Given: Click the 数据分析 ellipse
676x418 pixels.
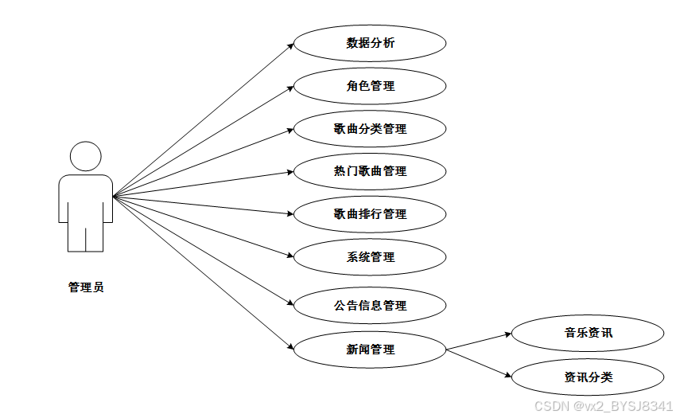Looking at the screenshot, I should click(370, 43).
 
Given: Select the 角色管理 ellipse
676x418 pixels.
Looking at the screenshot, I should click(370, 86).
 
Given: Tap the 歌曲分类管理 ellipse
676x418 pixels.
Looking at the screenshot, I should click(370, 129).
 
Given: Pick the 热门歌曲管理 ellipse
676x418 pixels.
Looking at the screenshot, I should click(370, 171).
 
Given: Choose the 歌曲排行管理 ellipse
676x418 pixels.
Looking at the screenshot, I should click(370, 214).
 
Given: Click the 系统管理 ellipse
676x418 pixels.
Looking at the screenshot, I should click(370, 257).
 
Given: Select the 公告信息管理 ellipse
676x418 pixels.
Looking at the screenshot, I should click(370, 306).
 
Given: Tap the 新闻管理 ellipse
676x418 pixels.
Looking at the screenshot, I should click(370, 350).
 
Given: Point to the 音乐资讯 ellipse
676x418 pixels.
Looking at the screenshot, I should click(588, 333).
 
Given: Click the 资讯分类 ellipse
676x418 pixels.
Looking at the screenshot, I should click(588, 377).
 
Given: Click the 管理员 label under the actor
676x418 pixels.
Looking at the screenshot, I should click(86, 287).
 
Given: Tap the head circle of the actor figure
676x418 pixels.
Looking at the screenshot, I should click(86, 156).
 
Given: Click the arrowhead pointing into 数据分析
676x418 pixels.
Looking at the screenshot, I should click(291, 45).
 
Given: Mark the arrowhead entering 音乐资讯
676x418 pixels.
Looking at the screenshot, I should click(507, 335).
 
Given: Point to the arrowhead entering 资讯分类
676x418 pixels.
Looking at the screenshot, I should click(507, 375).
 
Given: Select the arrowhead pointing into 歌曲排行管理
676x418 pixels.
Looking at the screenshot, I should click(290, 213).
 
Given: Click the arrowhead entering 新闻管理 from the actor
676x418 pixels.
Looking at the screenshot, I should click(290, 347).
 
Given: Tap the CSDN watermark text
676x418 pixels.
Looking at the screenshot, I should click(604, 406).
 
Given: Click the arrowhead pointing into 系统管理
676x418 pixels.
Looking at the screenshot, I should click(290, 256).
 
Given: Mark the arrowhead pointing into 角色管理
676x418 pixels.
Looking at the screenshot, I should click(291, 88).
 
